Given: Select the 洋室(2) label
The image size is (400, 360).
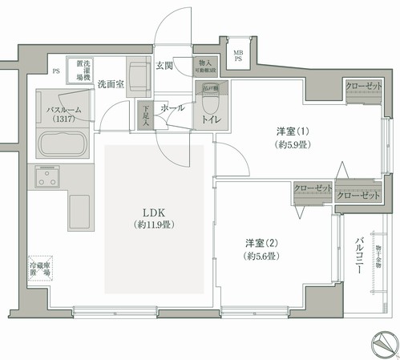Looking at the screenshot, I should [x=261, y=242].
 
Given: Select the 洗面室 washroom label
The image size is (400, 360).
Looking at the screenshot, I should [x=111, y=83].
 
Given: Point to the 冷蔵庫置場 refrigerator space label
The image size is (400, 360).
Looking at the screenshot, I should [x=40, y=269].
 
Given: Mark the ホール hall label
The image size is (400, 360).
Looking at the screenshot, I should [x=172, y=107].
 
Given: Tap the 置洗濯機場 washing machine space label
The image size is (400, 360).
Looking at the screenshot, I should [x=83, y=69].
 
